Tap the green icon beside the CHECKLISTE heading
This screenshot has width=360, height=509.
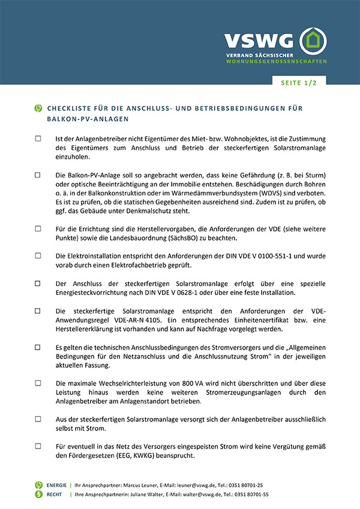38,109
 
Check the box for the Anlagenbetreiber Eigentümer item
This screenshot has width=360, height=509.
38,138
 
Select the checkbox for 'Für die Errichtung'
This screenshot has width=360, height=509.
38,228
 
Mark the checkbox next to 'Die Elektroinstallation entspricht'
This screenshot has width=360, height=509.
38,256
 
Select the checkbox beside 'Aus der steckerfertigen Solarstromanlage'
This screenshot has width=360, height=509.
38,419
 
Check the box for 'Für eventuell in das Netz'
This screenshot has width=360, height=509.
38,446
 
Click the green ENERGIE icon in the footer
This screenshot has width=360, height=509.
39,485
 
